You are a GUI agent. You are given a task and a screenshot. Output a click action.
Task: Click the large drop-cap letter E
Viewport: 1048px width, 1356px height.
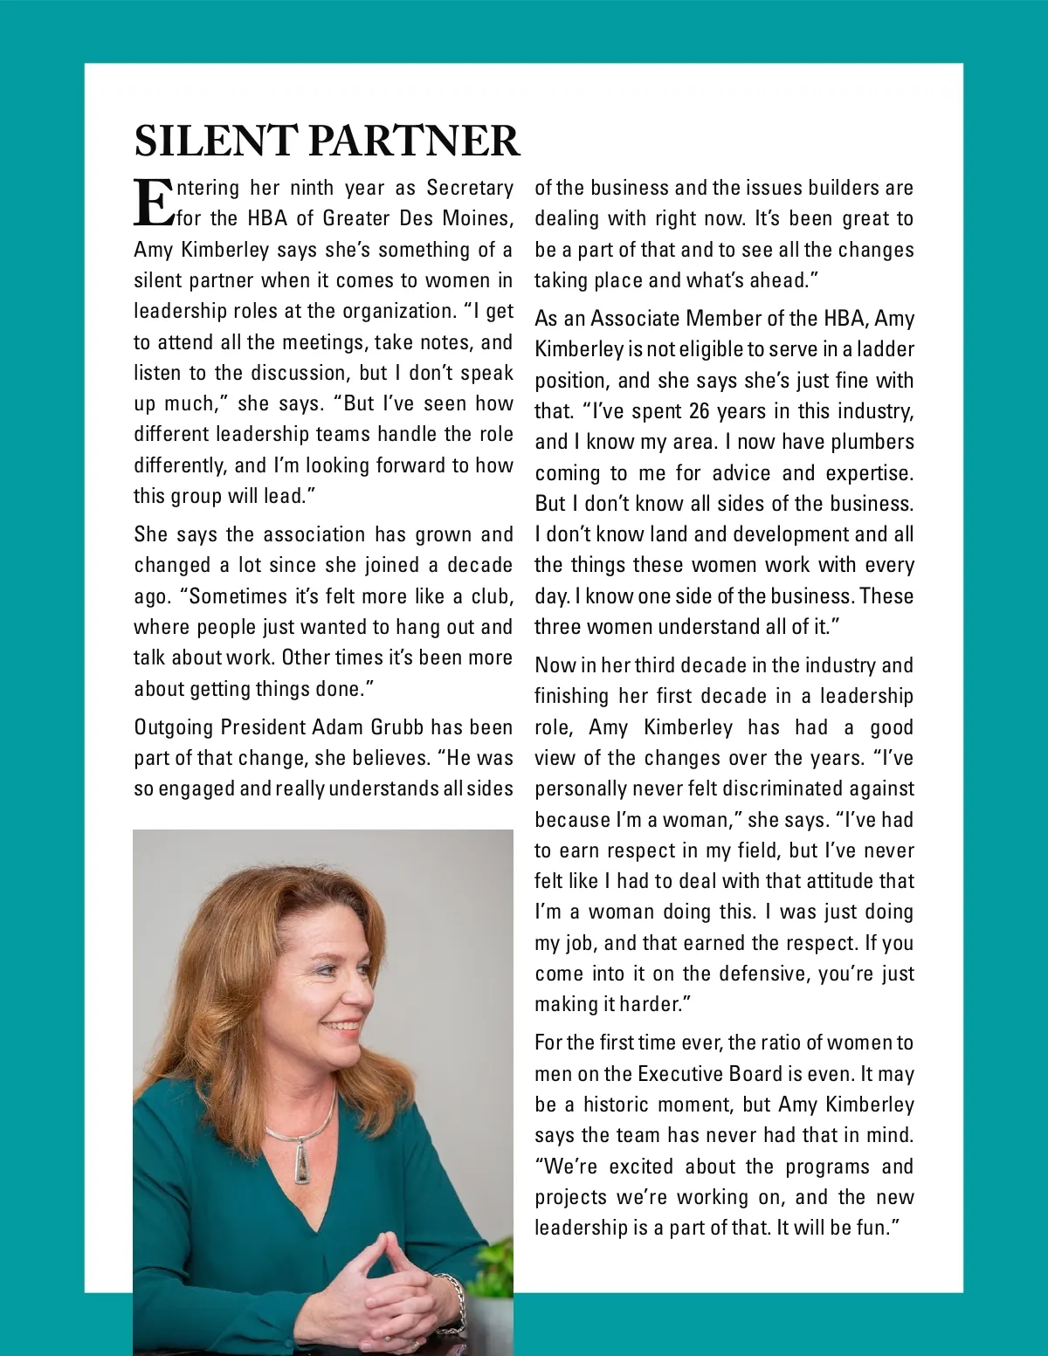[154, 203]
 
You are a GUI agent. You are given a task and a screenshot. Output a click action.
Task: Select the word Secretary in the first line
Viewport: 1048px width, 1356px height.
[470, 189]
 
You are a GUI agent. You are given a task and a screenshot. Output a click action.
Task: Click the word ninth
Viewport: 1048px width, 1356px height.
[312, 189]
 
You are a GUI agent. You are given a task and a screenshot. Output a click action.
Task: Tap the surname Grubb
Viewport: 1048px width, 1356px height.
[397, 727]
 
